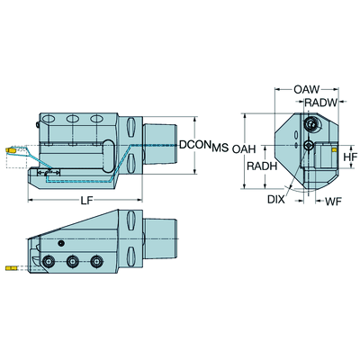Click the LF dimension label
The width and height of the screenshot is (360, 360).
(x=86, y=201)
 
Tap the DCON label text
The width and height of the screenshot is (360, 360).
(x=194, y=145)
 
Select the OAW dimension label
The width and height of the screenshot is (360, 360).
(x=307, y=89)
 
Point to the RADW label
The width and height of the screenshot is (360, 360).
(x=321, y=103)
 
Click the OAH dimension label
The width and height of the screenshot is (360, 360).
(x=244, y=149)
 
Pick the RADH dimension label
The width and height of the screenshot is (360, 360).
(x=262, y=166)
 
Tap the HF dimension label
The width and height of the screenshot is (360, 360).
(x=351, y=157)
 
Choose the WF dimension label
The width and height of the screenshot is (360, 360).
(x=334, y=202)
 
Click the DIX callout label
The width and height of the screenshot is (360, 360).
(x=276, y=200)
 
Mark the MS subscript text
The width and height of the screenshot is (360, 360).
(x=220, y=148)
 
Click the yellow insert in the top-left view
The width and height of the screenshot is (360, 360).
(x=11, y=150)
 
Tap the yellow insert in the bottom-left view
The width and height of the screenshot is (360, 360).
(x=11, y=267)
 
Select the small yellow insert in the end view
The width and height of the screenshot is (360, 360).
(x=334, y=149)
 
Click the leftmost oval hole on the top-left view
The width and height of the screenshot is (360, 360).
(x=49, y=120)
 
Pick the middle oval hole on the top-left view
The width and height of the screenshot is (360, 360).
(x=73, y=119)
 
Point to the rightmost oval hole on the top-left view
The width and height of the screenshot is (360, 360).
(x=96, y=119)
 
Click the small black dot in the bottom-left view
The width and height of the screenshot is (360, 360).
(x=61, y=243)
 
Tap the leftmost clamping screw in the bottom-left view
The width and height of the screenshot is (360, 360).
(x=49, y=262)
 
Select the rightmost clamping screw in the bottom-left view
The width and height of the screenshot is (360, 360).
(x=95, y=262)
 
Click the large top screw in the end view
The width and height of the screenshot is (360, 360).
(x=311, y=123)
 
